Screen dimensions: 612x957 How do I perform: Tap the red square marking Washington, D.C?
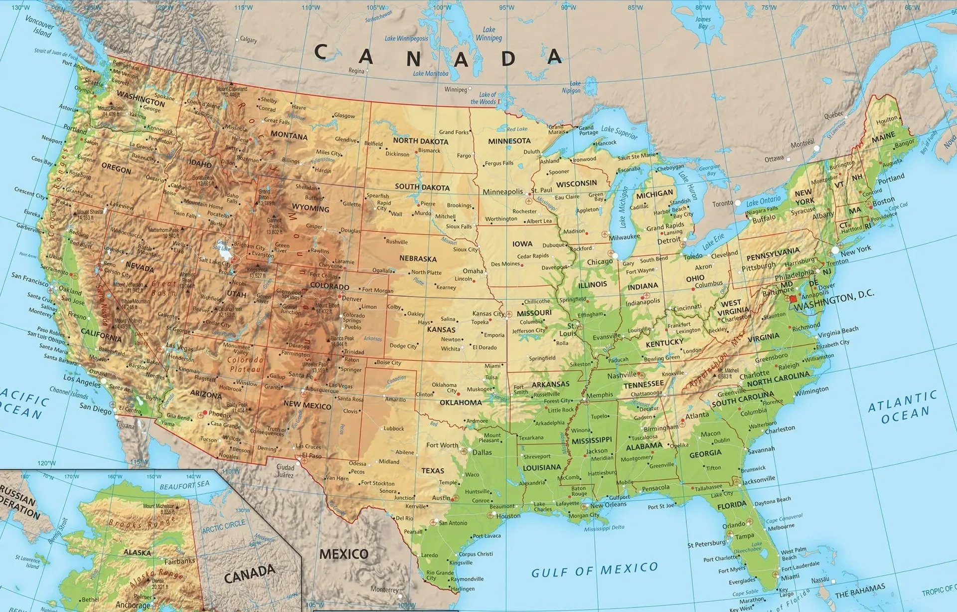tap(794, 299)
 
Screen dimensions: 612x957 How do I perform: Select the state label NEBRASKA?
tap(418, 259)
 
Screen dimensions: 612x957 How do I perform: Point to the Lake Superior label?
tap(619, 132)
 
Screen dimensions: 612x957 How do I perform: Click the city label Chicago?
tap(600, 262)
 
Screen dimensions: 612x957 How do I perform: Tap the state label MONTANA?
tap(289, 136)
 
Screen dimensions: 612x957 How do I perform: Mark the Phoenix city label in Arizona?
tap(219, 414)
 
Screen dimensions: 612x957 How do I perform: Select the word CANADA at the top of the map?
tap(439, 56)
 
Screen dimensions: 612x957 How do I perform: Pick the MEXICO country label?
tap(344, 554)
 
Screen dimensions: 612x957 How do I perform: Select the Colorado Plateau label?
tap(245, 364)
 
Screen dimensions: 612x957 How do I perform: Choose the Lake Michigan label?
tap(623, 205)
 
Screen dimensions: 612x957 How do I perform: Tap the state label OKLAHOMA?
tap(461, 403)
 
